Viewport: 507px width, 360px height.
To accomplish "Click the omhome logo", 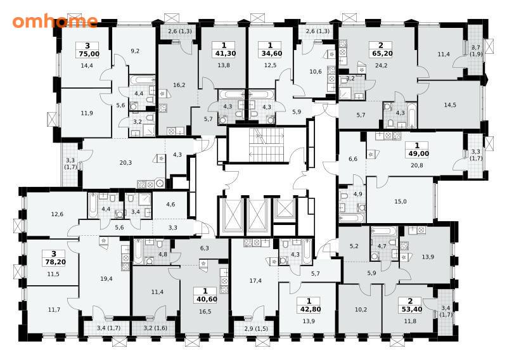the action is tap(55, 21).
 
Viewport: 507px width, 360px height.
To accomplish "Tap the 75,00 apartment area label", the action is tap(87, 54).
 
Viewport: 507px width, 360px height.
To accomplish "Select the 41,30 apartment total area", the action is tap(224, 54).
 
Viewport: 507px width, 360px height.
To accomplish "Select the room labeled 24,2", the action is tap(382, 65).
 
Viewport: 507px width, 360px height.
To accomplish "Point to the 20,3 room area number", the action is tap(125, 163).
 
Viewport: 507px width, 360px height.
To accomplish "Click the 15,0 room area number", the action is tap(401, 202).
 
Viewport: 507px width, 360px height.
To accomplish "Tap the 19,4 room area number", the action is tap(106, 278).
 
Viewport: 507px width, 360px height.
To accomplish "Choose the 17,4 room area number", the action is tap(255, 281).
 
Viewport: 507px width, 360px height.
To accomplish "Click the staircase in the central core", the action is tap(266, 145).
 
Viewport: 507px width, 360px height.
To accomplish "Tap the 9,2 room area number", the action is tap(135, 51).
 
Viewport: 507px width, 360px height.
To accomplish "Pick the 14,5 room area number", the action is tap(450, 105).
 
